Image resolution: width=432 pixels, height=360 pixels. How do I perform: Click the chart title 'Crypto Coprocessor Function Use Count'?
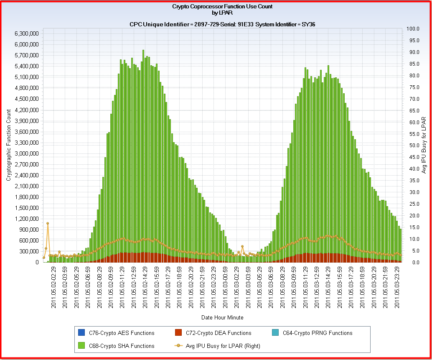[222, 6]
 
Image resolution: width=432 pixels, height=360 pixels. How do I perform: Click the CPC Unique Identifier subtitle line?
[222, 24]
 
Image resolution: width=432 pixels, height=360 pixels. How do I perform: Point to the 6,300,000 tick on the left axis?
[26, 33]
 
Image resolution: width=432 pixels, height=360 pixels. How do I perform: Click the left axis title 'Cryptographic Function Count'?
[9, 145]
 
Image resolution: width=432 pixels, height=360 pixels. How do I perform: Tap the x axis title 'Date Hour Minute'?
[222, 317]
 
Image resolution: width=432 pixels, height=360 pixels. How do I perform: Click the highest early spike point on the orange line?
[48, 223]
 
